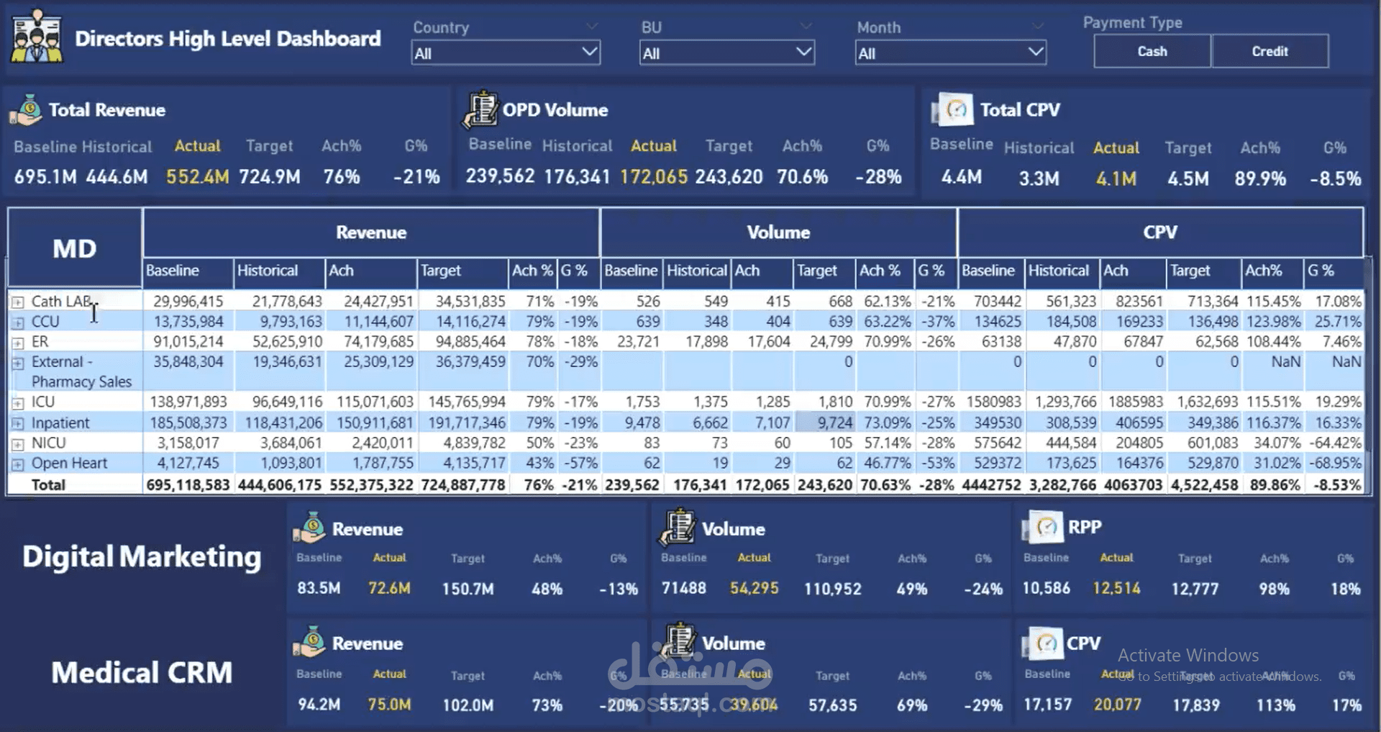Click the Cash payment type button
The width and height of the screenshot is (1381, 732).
pos(1152,51)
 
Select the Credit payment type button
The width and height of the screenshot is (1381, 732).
pos(1270,51)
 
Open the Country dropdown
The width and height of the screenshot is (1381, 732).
pos(505,53)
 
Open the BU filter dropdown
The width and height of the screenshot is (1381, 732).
pos(726,53)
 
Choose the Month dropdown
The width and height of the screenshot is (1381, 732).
pos(950,53)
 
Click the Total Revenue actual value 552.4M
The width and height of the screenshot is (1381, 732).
pos(197,176)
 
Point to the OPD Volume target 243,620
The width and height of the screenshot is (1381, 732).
pos(729,176)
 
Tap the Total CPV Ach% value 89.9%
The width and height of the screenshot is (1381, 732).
pos(1259,179)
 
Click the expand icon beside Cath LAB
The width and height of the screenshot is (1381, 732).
pos(18,302)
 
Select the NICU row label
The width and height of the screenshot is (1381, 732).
pos(48,443)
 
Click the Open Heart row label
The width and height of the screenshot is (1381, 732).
pos(69,463)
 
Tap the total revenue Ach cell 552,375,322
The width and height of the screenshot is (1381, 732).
pos(371,485)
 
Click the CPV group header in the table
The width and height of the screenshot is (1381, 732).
pos(1159,232)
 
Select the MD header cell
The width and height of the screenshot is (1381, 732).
pos(74,248)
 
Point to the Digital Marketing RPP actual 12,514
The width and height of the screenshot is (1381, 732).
pos(1116,589)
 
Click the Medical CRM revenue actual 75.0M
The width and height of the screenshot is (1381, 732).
pos(389,705)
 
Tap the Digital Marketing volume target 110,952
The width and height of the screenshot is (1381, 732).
pos(832,589)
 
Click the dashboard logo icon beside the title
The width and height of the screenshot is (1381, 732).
pos(36,37)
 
